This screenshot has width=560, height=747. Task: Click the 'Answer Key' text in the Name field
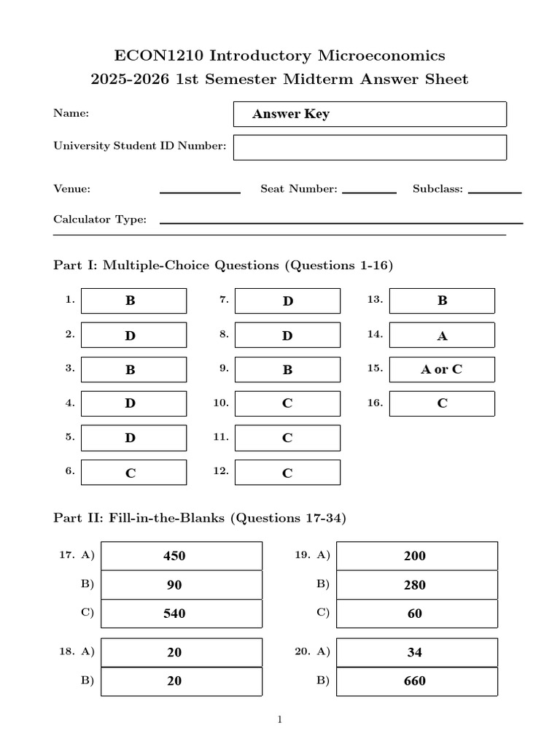[290, 115]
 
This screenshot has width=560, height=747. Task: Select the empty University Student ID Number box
[369, 147]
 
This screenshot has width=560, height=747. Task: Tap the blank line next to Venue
[200, 192]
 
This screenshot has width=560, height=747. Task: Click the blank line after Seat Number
[369, 192]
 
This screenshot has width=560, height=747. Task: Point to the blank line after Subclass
[494, 192]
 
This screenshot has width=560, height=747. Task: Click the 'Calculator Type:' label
[100, 220]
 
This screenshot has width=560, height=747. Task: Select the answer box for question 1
[133, 301]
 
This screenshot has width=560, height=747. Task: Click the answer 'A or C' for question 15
[441, 369]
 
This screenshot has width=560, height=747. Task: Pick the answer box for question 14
[442, 336]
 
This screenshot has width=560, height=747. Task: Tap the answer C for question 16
[442, 403]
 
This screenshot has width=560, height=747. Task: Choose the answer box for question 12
[287, 473]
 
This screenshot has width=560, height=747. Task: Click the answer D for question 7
[287, 301]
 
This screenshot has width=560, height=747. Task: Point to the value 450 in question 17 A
[174, 556]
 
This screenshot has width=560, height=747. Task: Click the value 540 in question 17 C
[174, 614]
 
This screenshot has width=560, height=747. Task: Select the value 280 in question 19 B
[414, 585]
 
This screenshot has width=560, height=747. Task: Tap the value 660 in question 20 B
[414, 681]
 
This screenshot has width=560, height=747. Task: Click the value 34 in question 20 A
[414, 652]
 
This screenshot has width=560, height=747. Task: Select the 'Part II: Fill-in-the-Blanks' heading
[199, 519]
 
